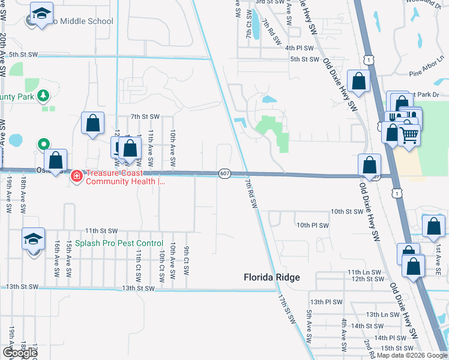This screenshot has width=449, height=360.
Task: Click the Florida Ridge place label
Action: coord(271,277)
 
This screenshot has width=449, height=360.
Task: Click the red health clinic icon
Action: coord(77,175)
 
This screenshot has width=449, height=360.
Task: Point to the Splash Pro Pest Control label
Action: coord(119,243)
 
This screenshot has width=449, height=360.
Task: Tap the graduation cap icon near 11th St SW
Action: coord(34,239)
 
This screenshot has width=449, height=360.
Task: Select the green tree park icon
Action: coord(43,96)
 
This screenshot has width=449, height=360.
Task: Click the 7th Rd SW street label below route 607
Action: coord(251,195)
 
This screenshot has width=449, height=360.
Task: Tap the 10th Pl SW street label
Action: coord(313,225)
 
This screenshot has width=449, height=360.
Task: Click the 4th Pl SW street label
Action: coord(300,48)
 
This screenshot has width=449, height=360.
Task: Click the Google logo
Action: coord(20,353)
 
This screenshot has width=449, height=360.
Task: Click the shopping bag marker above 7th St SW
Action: coord(93,124)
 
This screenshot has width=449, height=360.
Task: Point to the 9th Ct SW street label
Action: coord(187,260)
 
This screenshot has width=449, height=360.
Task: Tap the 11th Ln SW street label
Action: coord(365,272)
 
